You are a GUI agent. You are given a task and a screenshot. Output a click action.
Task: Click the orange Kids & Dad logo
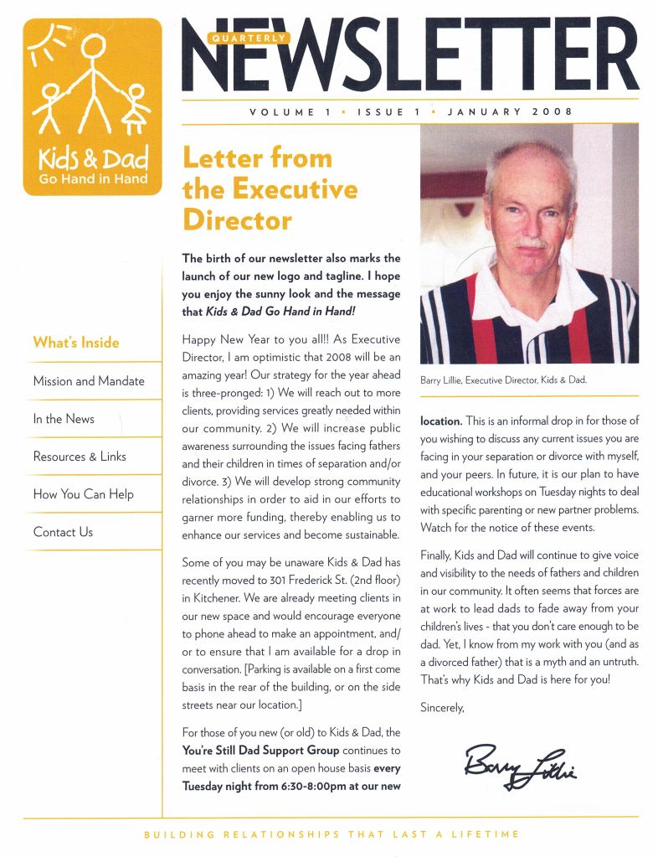tap(92, 106)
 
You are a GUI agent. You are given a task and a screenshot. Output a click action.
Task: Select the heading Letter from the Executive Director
tap(270, 189)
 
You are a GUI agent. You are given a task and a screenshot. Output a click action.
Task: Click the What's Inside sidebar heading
tap(76, 342)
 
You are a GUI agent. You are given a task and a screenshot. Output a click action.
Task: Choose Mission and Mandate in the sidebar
tap(89, 380)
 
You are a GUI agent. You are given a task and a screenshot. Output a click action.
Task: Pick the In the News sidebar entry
tap(64, 419)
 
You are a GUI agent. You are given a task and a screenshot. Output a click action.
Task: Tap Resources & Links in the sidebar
tap(80, 457)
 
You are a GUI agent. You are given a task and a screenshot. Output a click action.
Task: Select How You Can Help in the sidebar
tap(83, 494)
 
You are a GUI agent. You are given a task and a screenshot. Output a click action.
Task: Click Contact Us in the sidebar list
tap(63, 532)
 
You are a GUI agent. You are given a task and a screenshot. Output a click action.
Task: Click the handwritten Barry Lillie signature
tap(520, 763)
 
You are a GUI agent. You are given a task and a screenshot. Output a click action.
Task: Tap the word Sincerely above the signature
tap(442, 707)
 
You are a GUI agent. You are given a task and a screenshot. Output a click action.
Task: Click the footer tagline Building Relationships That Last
tap(332, 834)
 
